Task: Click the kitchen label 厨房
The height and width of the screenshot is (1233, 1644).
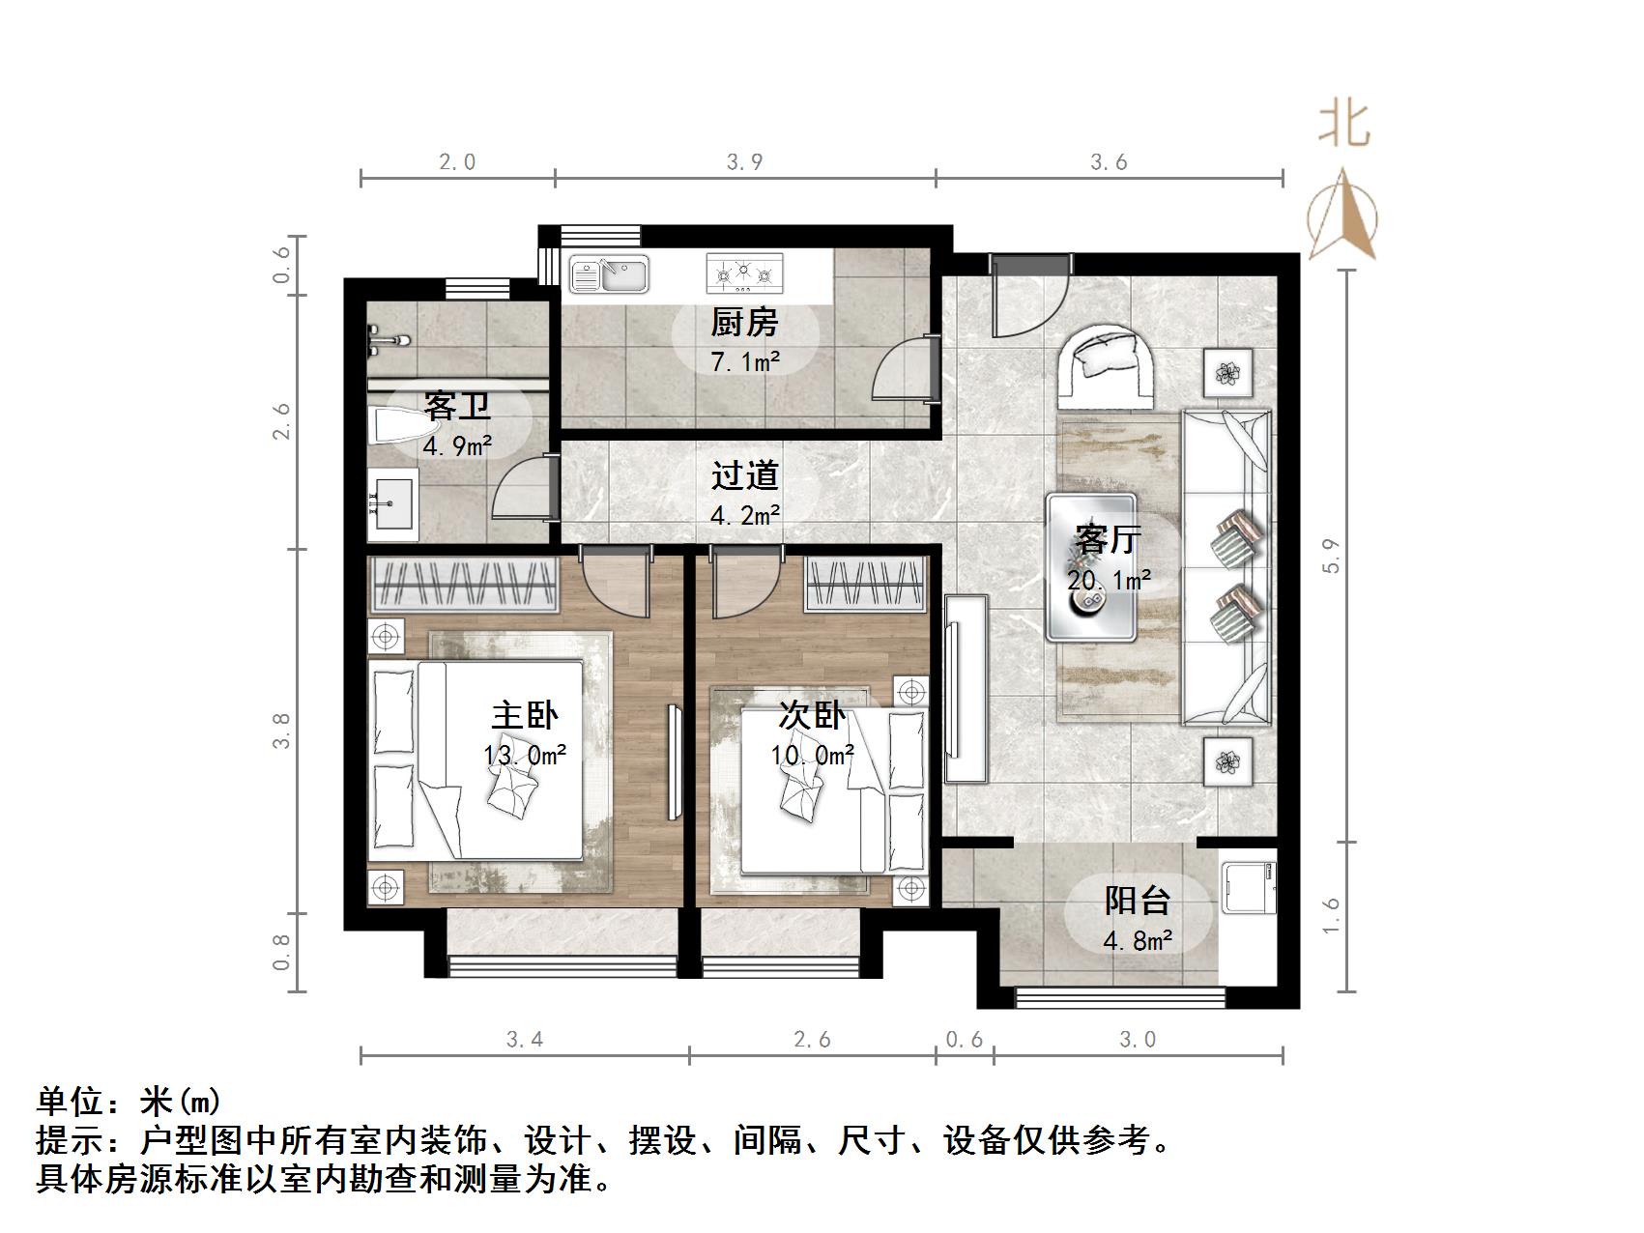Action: click(744, 323)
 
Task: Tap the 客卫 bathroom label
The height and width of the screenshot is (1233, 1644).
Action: click(457, 406)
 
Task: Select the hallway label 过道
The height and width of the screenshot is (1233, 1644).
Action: click(744, 475)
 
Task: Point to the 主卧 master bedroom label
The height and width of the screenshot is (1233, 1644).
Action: click(525, 716)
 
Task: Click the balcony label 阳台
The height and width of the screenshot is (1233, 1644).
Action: click(1138, 901)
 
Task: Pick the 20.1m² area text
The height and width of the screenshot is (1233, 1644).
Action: click(1109, 581)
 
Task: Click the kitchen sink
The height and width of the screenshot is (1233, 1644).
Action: click(609, 274)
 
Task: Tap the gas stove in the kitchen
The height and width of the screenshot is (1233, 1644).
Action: click(744, 273)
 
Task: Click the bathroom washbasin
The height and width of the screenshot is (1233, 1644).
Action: click(392, 503)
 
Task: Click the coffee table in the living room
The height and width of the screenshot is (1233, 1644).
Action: click(1091, 567)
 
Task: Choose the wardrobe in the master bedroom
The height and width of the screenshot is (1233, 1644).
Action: click(465, 585)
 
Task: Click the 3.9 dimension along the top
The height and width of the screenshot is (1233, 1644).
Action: click(744, 162)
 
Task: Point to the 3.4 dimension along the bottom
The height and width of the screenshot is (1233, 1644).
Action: click(525, 1040)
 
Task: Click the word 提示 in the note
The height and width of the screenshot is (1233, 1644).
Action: click(71, 1141)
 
